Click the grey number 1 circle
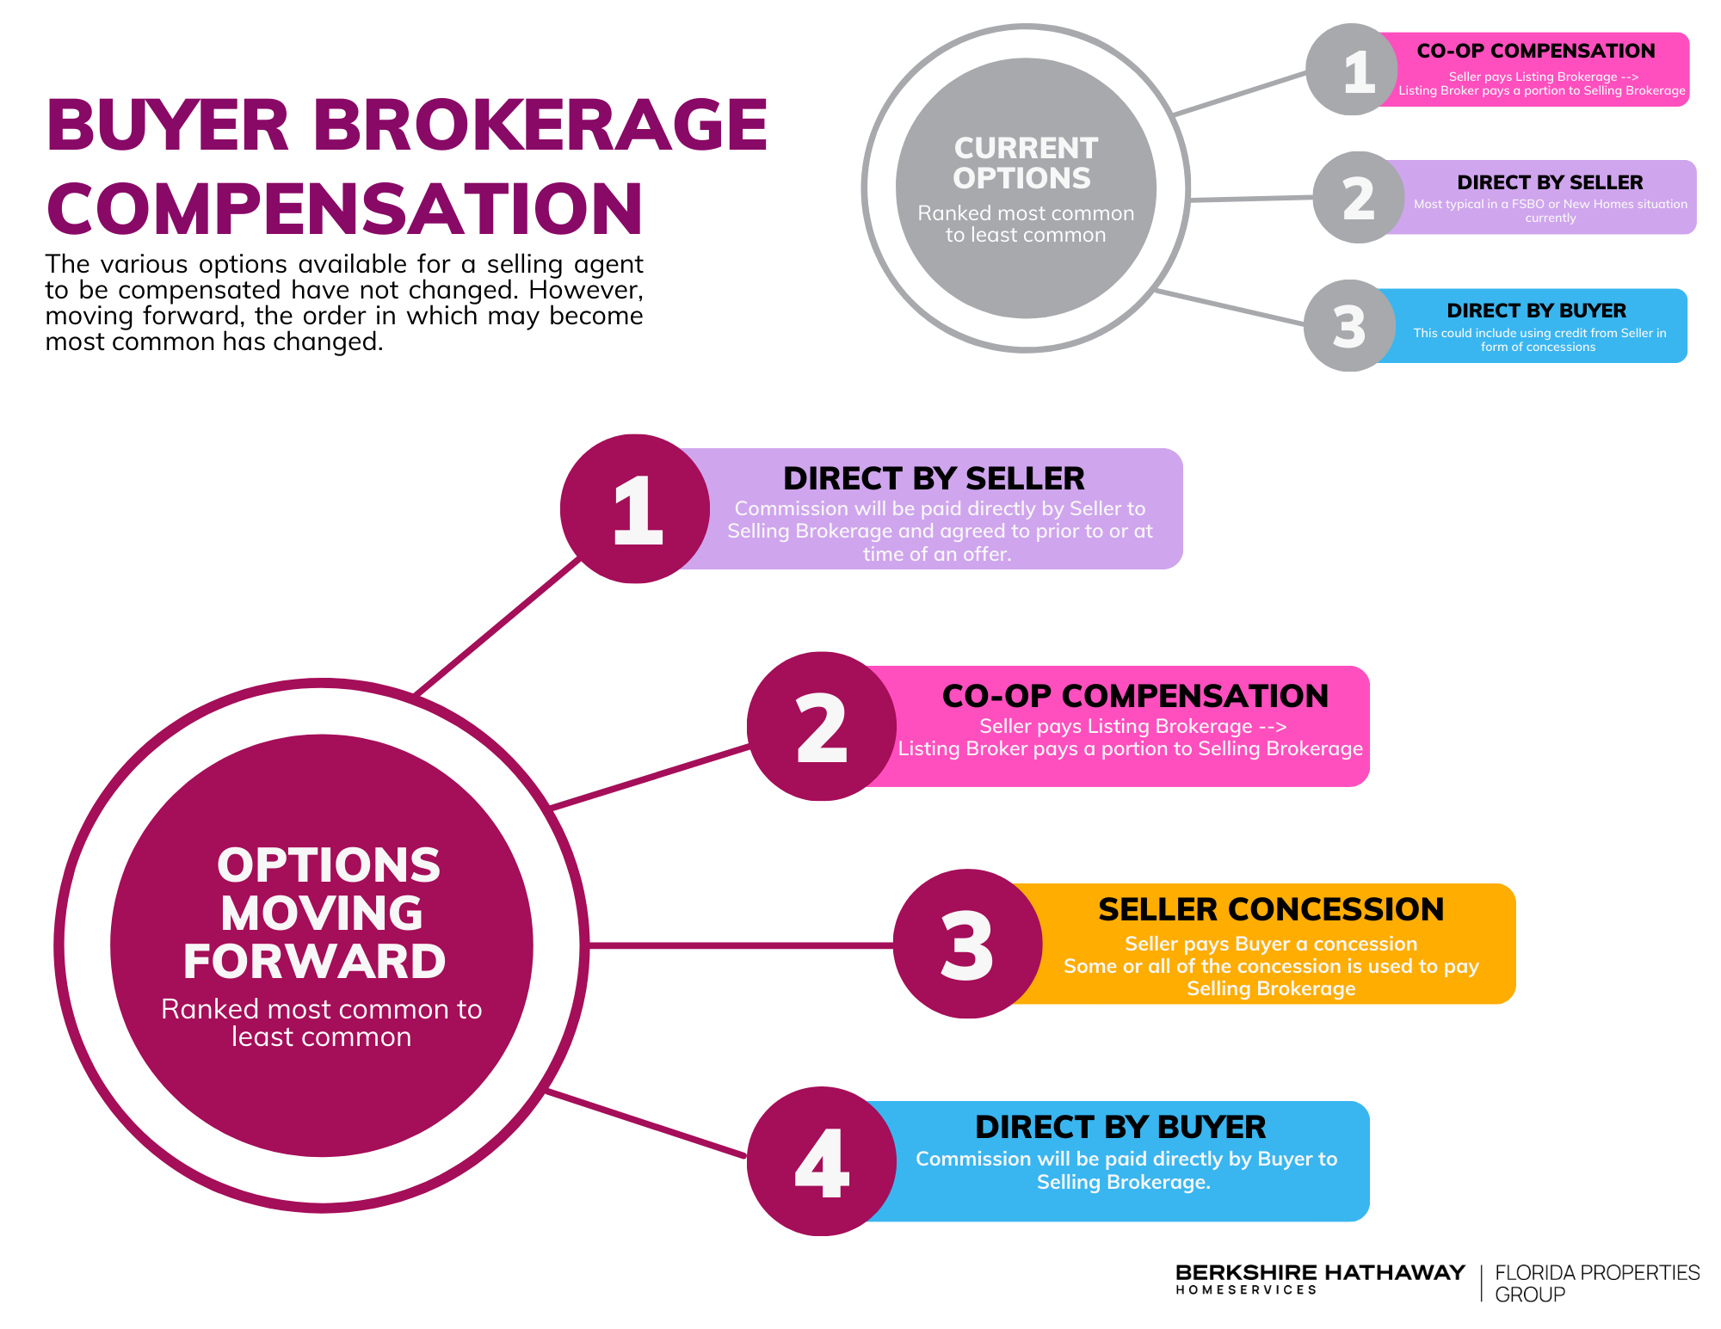[x=1351, y=70]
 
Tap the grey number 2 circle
[x=1359, y=198]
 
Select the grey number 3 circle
[x=1349, y=326]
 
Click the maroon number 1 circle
[x=635, y=509]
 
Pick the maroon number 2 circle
[x=822, y=727]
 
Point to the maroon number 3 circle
[x=968, y=944]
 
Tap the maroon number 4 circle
[x=822, y=1162]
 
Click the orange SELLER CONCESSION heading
[x=1271, y=909]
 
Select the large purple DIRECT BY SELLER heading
[x=934, y=478]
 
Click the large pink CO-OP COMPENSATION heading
[x=1135, y=696]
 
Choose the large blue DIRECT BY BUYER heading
[x=1120, y=1127]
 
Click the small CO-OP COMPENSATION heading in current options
[x=1536, y=51]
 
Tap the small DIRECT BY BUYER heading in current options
[x=1537, y=311]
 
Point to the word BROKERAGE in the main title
[x=540, y=125]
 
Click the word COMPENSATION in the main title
[x=344, y=208]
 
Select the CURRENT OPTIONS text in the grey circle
[x=1025, y=163]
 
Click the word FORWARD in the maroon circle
[x=315, y=961]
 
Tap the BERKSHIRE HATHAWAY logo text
[x=1320, y=1278]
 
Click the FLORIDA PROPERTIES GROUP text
[x=1597, y=1283]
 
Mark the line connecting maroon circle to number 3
[x=742, y=945]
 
